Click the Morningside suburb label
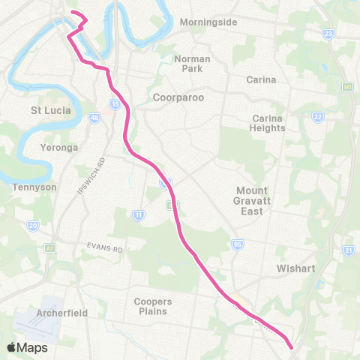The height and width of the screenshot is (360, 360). click(x=208, y=22)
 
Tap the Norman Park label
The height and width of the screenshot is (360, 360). click(x=192, y=63)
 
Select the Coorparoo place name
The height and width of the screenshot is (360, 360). click(x=178, y=97)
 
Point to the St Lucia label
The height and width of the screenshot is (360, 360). click(x=51, y=110)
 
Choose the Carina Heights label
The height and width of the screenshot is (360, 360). click(x=268, y=123)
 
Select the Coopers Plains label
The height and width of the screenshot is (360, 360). click(x=153, y=306)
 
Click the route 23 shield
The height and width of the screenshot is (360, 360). click(x=328, y=34)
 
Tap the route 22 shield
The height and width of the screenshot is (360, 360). click(x=318, y=117)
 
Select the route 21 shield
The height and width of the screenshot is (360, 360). click(x=348, y=250)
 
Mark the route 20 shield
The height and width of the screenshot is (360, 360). click(x=32, y=225)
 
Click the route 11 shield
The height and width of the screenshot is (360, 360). click(x=139, y=215)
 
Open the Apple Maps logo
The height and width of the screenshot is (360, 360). click(x=27, y=347)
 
